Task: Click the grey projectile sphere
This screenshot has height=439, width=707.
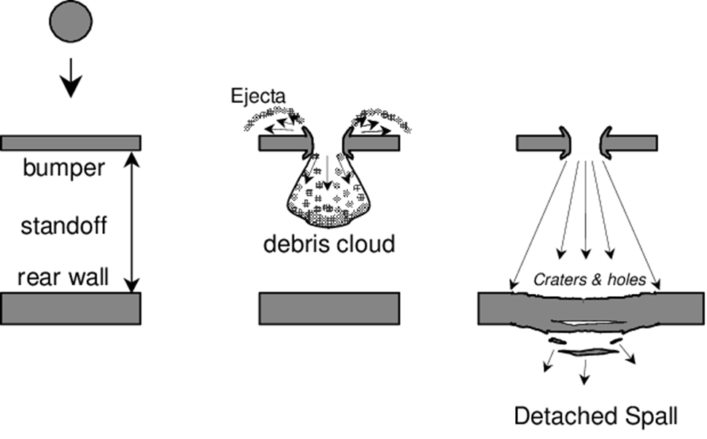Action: [x=71, y=22]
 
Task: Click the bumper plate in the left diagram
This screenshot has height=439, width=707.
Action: [x=71, y=141]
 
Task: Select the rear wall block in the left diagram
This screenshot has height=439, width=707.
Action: [x=71, y=308]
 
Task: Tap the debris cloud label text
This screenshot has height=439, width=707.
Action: [x=328, y=244]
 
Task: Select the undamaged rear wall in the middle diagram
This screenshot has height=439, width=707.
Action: [x=328, y=308]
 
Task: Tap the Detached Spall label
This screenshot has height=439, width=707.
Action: [x=596, y=416]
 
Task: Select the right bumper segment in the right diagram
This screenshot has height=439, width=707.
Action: [x=632, y=143]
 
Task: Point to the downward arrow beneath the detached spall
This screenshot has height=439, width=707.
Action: [x=583, y=373]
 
